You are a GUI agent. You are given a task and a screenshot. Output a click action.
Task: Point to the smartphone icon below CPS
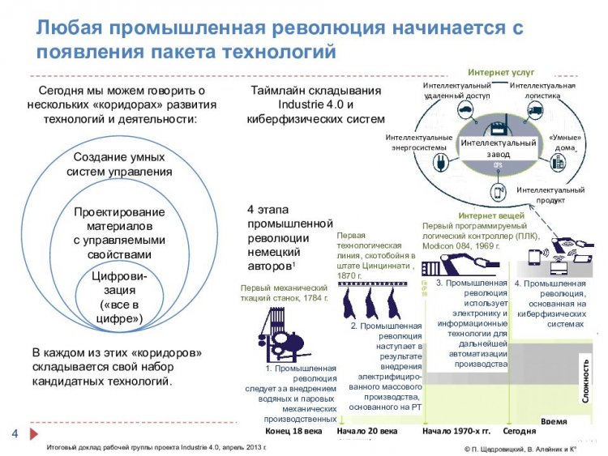(497, 193)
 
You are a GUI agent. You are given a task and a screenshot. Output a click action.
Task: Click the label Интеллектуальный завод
(498, 148)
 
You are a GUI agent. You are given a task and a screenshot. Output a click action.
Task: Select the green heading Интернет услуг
(500, 73)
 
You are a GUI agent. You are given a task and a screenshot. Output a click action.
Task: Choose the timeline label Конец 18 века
(288, 431)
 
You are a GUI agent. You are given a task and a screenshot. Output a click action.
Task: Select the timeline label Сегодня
(518, 431)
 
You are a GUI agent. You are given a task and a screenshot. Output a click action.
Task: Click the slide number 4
(15, 431)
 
